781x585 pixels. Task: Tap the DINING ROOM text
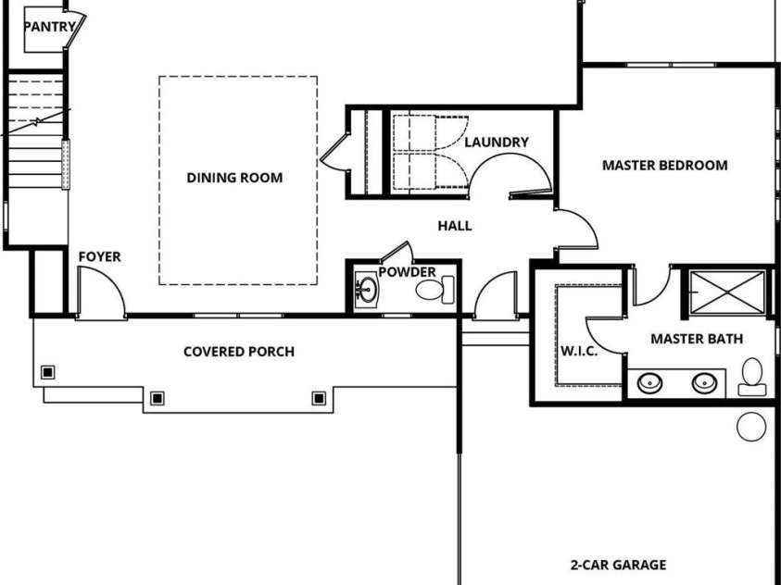coord(234,178)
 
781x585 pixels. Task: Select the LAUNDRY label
coord(496,143)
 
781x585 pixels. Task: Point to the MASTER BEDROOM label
coord(664,166)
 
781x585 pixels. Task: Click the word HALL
coord(454,225)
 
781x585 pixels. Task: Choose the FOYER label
coord(99,256)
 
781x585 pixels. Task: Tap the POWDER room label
coord(407,272)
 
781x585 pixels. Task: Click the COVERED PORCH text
coord(239,352)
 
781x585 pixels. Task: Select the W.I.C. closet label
coord(578,352)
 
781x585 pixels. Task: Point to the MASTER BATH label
coord(696,339)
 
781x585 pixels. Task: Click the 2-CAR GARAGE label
coord(617,564)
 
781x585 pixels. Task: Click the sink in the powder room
coord(368,291)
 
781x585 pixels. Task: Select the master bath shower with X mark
coord(724,293)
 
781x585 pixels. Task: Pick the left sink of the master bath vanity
coord(652,381)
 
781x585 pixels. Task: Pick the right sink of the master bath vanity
coord(706,381)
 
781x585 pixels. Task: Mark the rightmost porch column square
coord(319,398)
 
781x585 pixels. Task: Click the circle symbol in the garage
coord(751,426)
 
